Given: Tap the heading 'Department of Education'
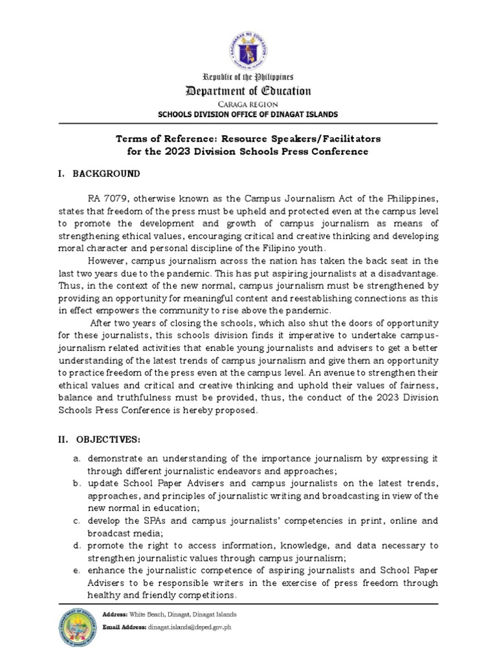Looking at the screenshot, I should pyautogui.click(x=249, y=91).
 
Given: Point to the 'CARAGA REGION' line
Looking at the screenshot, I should pyautogui.click(x=249, y=104).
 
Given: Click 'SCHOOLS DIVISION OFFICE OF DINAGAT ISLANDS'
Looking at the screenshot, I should pyautogui.click(x=249, y=115).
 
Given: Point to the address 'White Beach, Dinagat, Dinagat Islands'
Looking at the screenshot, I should pyautogui.click(x=183, y=614).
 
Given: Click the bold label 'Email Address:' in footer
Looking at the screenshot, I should pyautogui.click(x=124, y=627).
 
